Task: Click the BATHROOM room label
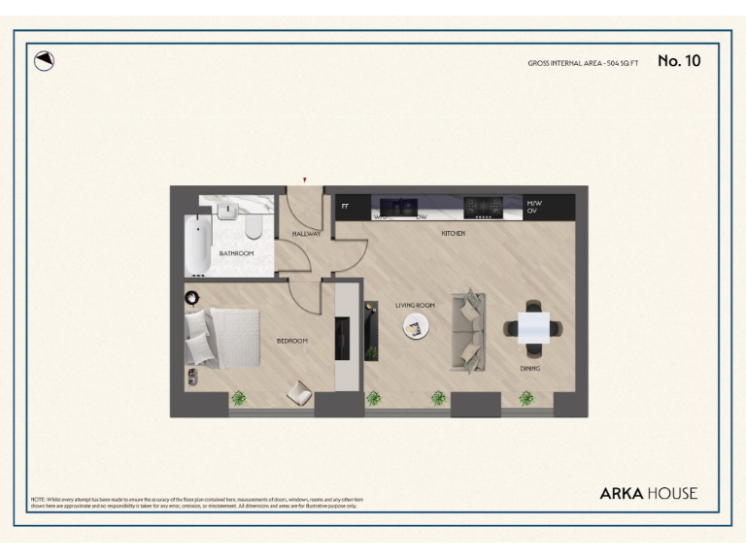236,253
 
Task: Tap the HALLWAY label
306,234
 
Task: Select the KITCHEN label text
453,234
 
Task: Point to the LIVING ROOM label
415,305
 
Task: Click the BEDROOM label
291,341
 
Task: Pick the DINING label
529,369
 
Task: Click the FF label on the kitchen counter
345,206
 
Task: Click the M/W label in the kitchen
533,203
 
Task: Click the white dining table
532,328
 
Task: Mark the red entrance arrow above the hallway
305,180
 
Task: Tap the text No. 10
679,61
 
